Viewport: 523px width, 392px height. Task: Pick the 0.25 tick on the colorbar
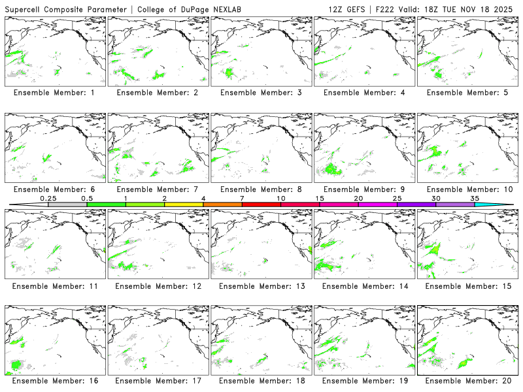(x=48, y=198)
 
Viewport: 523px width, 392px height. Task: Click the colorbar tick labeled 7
(x=242, y=198)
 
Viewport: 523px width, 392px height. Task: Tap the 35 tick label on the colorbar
(x=475, y=198)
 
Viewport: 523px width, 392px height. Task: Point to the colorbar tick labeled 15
(x=320, y=198)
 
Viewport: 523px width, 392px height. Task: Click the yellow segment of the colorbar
(x=184, y=204)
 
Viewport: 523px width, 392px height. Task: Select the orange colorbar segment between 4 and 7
(x=222, y=204)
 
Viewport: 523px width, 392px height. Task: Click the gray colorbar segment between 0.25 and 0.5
(x=67, y=204)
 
